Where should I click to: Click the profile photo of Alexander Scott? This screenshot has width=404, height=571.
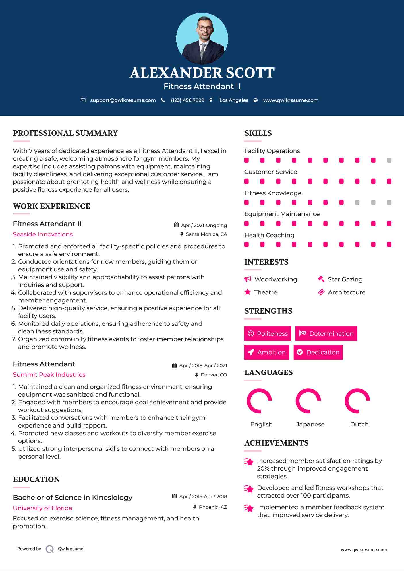point(202,38)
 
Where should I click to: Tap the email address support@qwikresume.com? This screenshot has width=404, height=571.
point(123,100)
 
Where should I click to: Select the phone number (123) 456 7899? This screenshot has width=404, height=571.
point(187,100)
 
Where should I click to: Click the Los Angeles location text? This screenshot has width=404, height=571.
point(234,100)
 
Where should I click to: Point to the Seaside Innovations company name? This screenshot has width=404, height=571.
point(43,234)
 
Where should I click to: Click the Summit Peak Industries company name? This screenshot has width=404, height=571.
point(49,375)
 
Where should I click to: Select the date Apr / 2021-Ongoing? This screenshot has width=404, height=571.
point(204,225)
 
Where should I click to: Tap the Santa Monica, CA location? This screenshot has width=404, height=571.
point(206,234)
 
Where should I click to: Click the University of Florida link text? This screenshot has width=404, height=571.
point(42,508)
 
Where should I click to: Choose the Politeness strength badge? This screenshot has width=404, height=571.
point(268,333)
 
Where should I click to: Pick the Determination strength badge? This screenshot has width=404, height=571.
point(326,333)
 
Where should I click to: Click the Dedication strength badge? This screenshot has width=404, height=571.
point(318,352)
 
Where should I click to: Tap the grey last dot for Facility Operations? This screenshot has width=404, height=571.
point(389,160)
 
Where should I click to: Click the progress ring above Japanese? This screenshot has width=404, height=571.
point(308,401)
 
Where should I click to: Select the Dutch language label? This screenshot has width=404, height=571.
point(359,424)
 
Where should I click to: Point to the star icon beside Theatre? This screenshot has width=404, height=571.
point(248,292)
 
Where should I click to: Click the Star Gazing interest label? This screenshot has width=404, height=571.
point(345,279)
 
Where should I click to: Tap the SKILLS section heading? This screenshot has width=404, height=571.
point(258,133)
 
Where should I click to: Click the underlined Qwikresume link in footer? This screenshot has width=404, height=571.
point(71,549)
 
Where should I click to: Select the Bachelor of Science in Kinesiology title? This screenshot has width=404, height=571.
point(73,498)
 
